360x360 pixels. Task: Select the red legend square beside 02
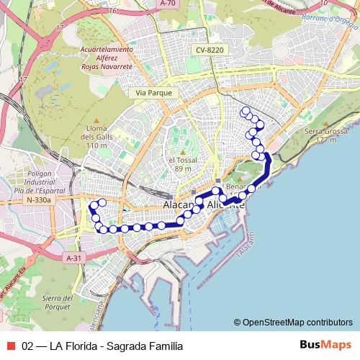click(x=11, y=346)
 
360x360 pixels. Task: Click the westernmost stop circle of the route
click(x=92, y=206)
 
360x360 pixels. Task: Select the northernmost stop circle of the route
click(x=246, y=111)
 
